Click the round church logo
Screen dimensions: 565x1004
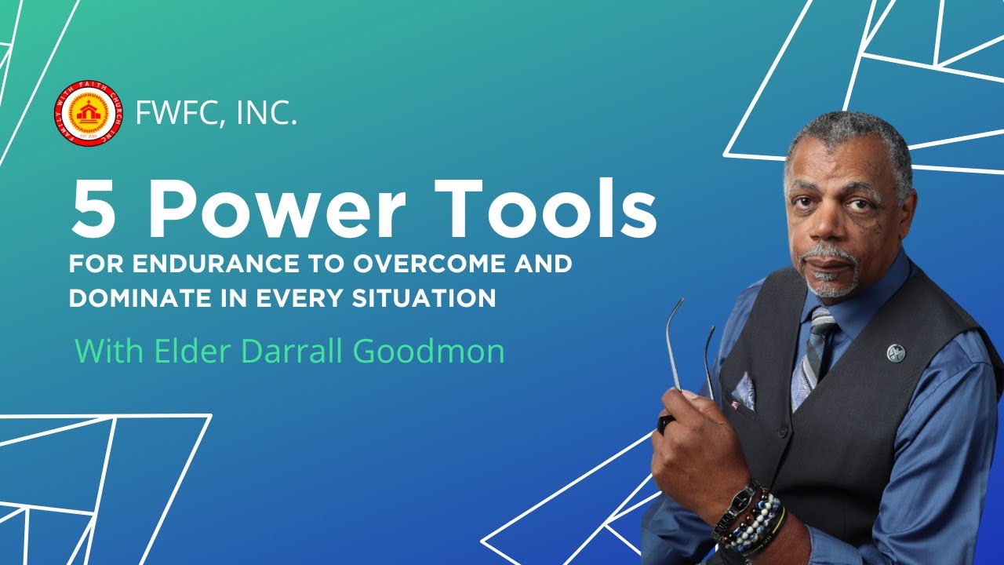point(88,114)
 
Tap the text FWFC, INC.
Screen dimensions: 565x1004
point(216,114)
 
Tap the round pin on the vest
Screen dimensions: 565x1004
point(896,353)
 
